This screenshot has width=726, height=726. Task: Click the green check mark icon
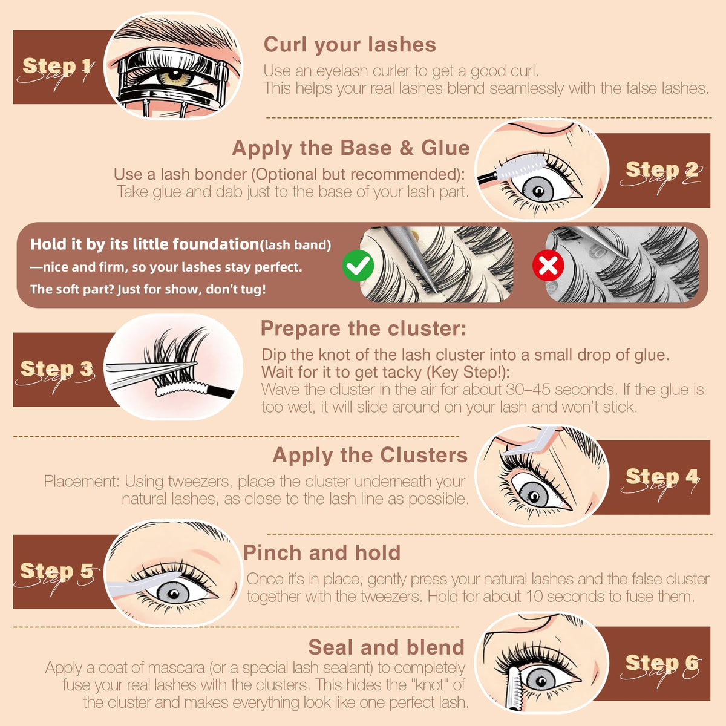(358, 266)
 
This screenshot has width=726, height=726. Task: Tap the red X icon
(548, 265)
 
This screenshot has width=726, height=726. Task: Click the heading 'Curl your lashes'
(350, 45)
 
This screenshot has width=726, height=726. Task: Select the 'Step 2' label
(662, 169)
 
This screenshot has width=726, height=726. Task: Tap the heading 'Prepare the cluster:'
(364, 328)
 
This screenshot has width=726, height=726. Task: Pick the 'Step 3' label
(57, 368)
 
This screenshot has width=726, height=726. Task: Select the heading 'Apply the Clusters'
(370, 455)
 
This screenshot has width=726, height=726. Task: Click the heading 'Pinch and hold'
(322, 553)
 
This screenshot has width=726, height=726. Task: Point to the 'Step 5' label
(56, 571)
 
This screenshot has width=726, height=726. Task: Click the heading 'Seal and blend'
(386, 647)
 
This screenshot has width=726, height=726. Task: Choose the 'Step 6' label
(662, 662)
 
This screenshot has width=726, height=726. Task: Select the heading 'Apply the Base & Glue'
(351, 148)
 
